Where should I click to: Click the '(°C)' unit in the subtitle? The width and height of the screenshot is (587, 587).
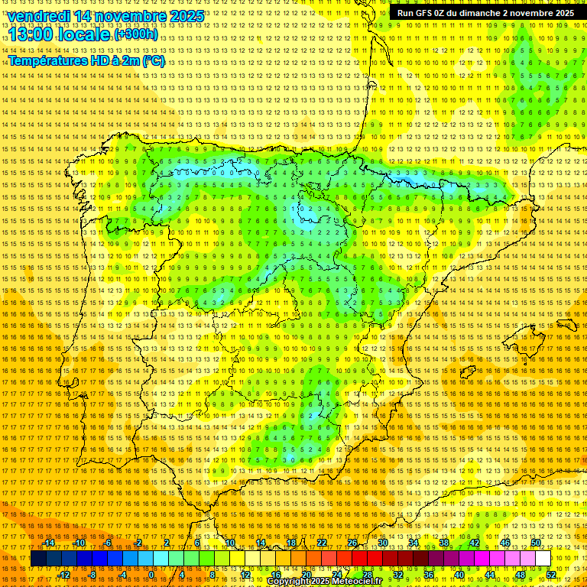click(153, 60)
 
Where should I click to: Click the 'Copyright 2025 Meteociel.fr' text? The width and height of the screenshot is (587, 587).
click(324, 582)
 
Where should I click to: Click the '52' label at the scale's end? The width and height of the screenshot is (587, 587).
click(551, 574)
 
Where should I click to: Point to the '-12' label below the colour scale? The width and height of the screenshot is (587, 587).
click(63, 574)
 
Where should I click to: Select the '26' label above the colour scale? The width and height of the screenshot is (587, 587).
click(352, 543)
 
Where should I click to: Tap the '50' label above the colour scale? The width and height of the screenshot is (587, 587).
click(536, 543)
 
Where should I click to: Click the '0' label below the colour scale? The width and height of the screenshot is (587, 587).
click(151, 574)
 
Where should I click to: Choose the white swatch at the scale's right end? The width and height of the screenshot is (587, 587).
click(543, 559)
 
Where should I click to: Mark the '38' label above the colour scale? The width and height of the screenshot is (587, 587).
click(444, 543)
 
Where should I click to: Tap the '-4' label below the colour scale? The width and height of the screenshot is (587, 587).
click(122, 574)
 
